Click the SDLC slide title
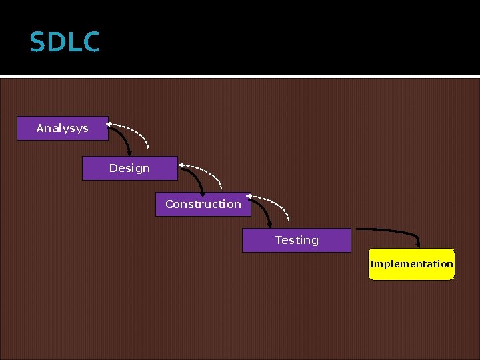[65, 43]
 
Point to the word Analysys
[62, 128]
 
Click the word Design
[129, 168]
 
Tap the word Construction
[203, 204]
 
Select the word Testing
[297, 240]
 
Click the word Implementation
[411, 264]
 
